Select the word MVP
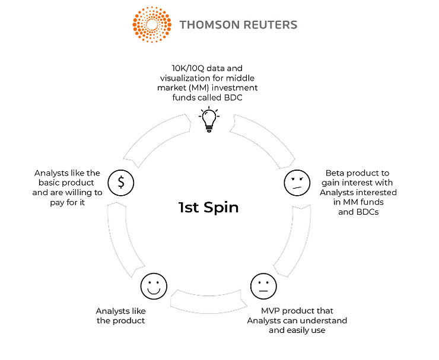tap(274, 311)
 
